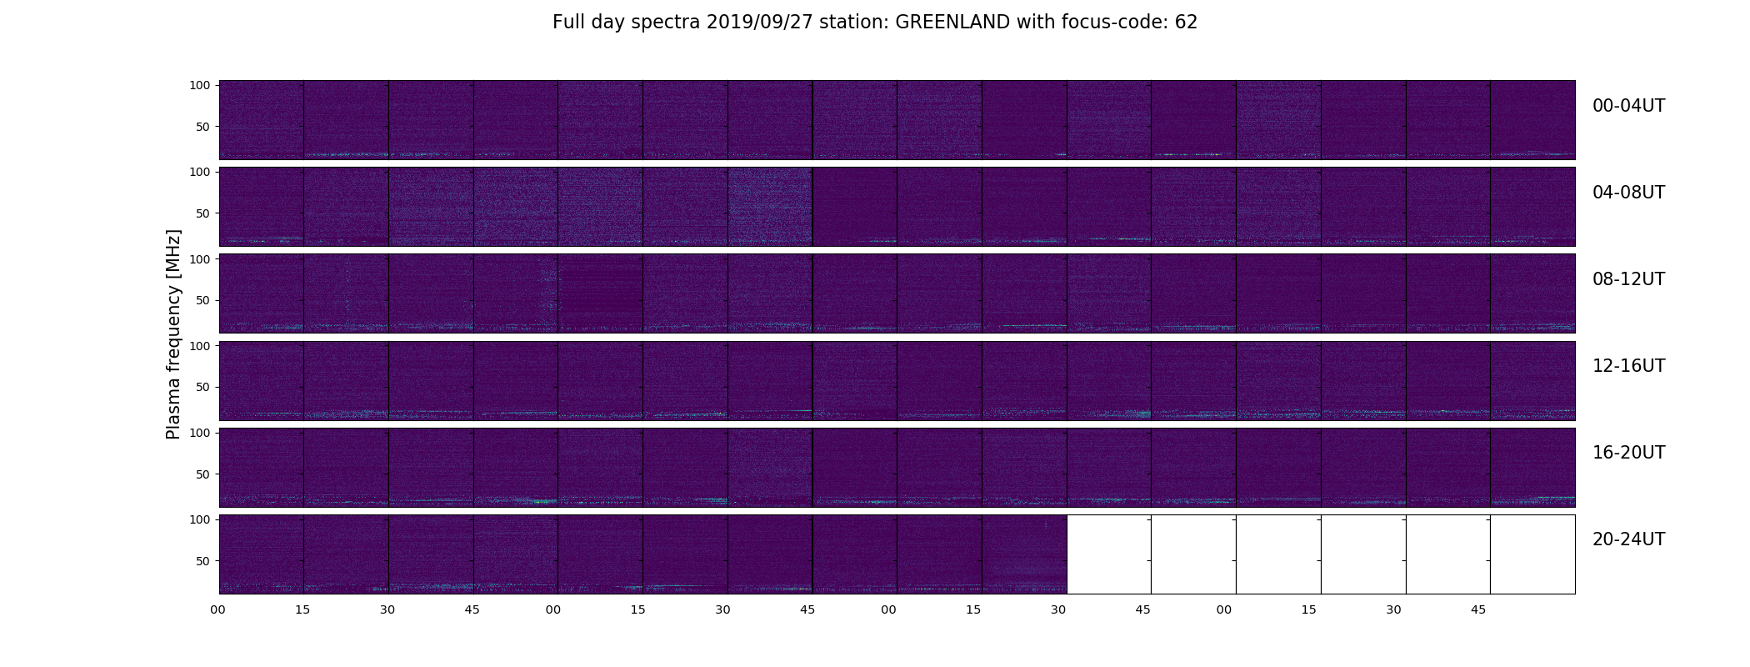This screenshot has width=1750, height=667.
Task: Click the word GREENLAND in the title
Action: click(952, 23)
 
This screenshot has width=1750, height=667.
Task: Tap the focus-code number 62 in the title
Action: click(1187, 23)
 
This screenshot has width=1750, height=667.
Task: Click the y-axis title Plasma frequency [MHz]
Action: click(173, 334)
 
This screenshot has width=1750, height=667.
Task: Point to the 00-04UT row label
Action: click(1628, 106)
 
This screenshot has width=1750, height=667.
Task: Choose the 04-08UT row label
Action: click(1628, 193)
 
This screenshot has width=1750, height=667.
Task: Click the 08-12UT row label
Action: click(1628, 279)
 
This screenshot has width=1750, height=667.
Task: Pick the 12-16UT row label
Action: click(1628, 366)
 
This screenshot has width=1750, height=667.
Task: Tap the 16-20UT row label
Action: click(1628, 453)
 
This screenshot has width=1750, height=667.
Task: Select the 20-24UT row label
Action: click(1628, 539)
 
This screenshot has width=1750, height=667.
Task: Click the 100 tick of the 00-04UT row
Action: click(200, 85)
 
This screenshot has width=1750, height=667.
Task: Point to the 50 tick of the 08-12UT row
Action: click(202, 300)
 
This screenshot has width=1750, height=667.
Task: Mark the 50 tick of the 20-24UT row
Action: click(202, 561)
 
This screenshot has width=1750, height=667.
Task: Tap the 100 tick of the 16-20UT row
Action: click(200, 433)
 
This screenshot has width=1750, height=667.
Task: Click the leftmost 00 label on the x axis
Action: click(217, 609)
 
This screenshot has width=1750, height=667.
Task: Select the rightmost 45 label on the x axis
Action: click(1477, 609)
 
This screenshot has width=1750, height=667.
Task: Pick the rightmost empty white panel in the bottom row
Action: click(1532, 554)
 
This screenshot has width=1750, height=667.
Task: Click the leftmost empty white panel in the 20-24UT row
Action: click(1108, 554)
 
